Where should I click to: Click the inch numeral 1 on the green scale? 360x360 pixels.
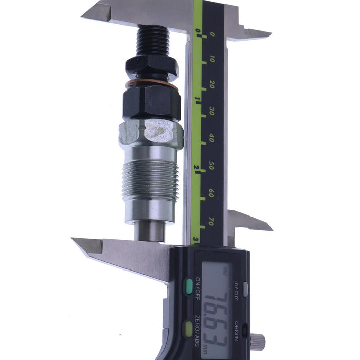(197, 98)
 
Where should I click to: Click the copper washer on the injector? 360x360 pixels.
(153, 82)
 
